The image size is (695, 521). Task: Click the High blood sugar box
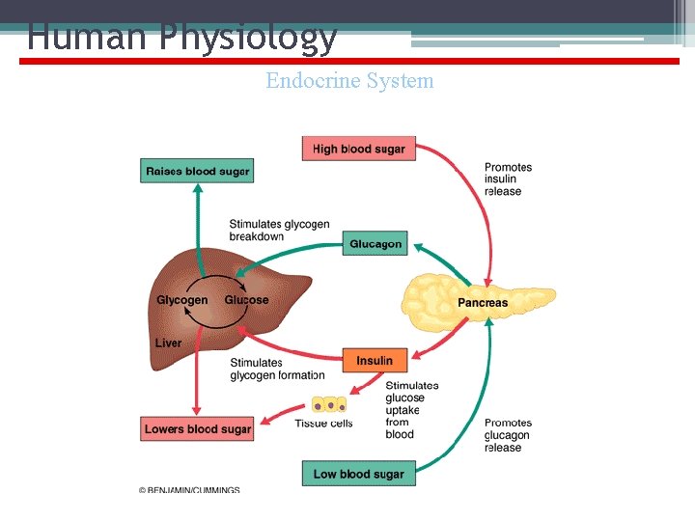tap(358, 149)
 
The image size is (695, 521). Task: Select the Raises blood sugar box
tap(197, 172)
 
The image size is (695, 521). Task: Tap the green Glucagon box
tap(375, 244)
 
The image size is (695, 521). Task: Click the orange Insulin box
tap(375, 361)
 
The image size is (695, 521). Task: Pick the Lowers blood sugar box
tap(197, 429)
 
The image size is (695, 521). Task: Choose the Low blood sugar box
tap(358, 474)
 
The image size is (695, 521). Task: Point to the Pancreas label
tap(482, 302)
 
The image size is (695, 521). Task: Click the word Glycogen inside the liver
tap(181, 300)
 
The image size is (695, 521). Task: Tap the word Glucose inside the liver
tap(246, 300)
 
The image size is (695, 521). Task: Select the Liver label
tap(168, 343)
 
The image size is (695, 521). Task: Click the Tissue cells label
tap(323, 424)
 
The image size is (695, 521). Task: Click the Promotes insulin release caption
tap(508, 179)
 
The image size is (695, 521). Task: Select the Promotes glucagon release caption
tap(508, 435)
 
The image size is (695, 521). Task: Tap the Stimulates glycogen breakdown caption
tap(279, 231)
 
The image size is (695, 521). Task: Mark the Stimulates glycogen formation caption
tap(277, 370)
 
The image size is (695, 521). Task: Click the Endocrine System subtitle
tap(349, 81)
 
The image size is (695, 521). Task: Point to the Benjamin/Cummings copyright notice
tap(190, 490)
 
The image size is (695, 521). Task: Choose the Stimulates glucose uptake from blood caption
tap(411, 410)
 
